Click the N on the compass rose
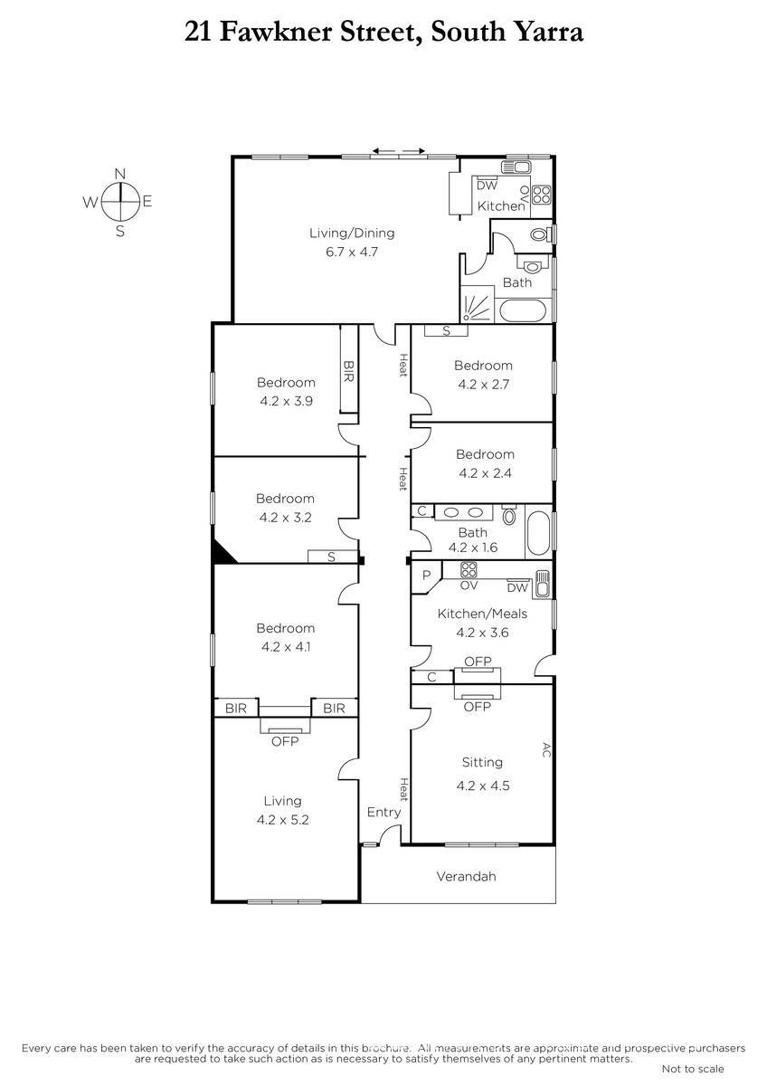120,174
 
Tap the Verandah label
466,876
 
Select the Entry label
383,812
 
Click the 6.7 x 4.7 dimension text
352,252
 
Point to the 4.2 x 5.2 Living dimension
282,820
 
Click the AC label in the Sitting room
546,749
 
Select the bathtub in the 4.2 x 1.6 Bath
538,533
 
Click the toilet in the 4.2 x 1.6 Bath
508,515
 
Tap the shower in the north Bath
478,304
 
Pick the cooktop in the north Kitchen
542,195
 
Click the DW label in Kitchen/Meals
517,588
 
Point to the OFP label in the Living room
285,741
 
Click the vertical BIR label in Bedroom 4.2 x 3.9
348,371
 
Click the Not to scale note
693,1069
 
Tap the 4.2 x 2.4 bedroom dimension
485,473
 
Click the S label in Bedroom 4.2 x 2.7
446,331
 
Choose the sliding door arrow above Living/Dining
399,151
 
